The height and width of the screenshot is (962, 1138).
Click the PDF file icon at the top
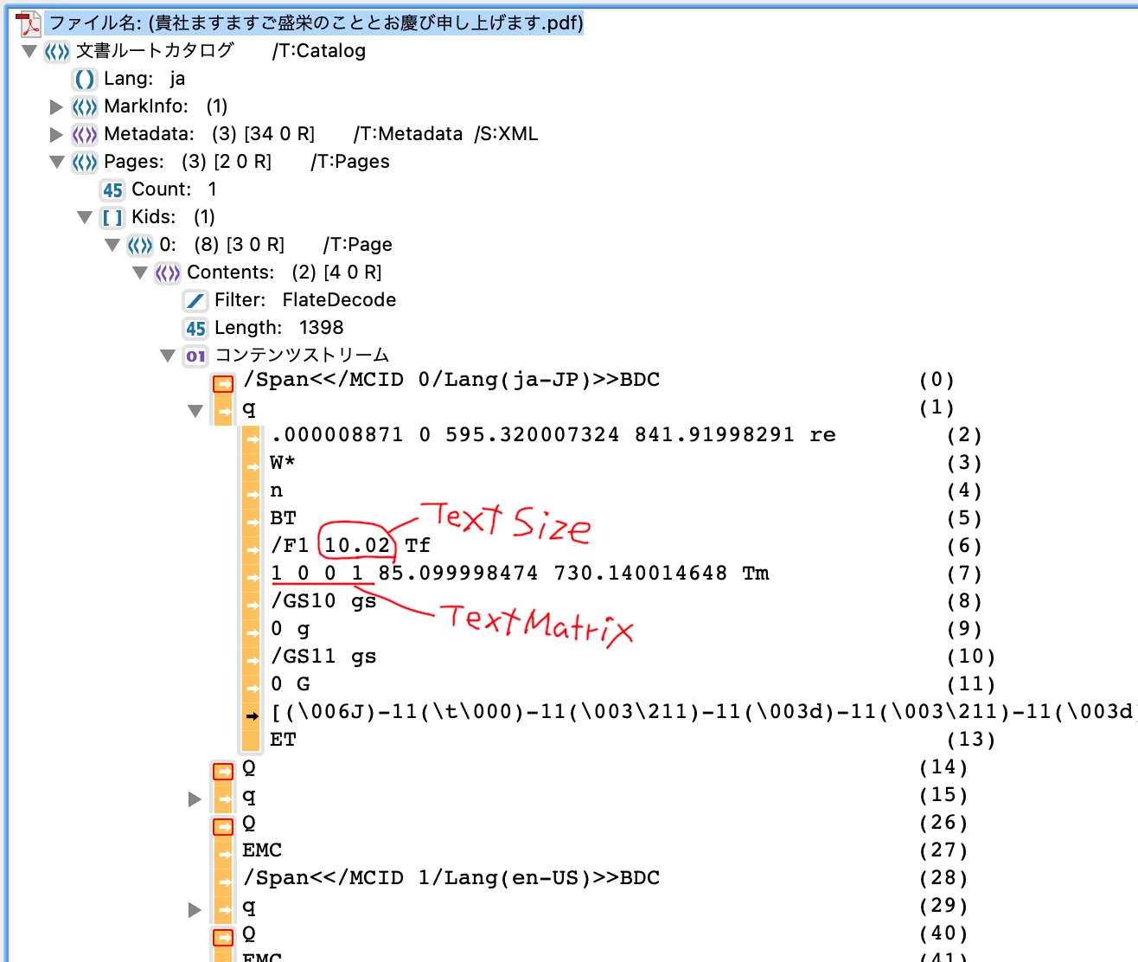(29, 22)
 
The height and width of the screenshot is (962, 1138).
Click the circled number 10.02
(357, 545)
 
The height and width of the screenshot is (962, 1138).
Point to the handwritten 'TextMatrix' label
(537, 622)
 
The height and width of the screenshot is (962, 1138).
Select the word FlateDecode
(339, 300)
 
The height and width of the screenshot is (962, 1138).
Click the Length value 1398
(321, 328)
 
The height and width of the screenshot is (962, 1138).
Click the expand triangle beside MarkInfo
(57, 106)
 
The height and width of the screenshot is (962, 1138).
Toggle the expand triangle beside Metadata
(57, 134)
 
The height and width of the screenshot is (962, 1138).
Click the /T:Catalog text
(319, 51)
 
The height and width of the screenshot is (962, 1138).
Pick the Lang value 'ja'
(177, 79)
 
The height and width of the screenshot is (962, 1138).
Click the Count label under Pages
(161, 189)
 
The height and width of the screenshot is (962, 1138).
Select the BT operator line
(284, 518)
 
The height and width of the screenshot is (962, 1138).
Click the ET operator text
(284, 740)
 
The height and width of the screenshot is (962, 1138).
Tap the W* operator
(283, 463)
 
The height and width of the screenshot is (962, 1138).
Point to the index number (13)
(971, 740)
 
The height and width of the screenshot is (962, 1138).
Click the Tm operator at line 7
(756, 574)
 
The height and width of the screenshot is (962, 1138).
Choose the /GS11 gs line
(324, 657)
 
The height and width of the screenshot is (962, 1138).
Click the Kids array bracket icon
(112, 217)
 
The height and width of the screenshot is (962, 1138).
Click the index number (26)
(943, 823)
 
